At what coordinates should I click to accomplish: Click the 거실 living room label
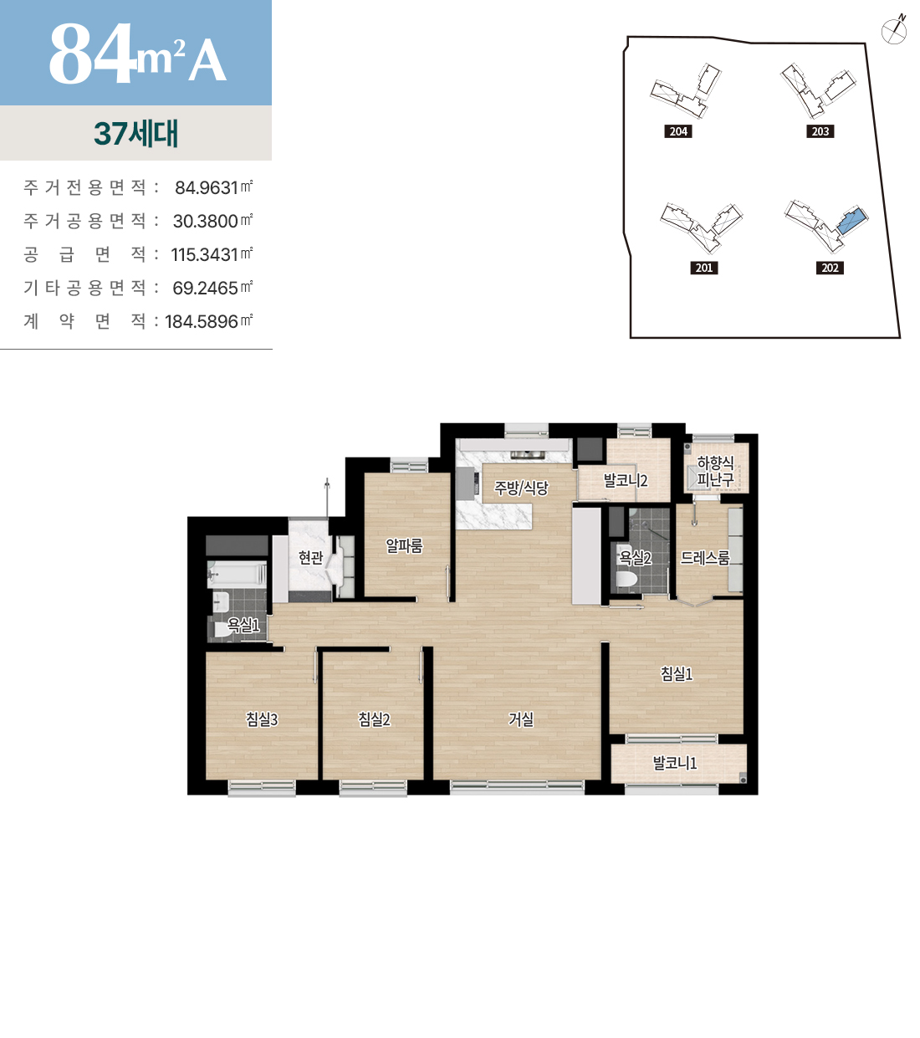coord(520,719)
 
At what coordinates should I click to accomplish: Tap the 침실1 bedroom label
coord(676,673)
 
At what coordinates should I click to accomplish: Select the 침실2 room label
coord(374,719)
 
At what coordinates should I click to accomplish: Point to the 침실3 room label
coord(262,719)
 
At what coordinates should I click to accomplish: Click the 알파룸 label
coord(404,546)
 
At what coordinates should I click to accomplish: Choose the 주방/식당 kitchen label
coord(521,488)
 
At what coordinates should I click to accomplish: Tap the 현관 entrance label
coord(311,557)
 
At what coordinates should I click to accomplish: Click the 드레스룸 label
coord(705,557)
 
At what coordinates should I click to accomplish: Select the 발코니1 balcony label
coord(675,764)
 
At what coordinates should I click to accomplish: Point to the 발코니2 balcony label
coord(625,481)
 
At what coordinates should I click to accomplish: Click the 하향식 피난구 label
coord(715,472)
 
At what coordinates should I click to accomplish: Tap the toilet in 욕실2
coord(626,579)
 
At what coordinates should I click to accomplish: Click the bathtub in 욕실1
coord(237,574)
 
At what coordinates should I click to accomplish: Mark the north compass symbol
coord(894,31)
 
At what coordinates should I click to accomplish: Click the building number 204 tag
coord(678,131)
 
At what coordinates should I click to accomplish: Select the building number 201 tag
coord(704,268)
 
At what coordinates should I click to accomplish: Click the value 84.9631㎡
coord(213,187)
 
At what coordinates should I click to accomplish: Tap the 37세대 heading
coord(136,134)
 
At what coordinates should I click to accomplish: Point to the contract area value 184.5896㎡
coord(208,321)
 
